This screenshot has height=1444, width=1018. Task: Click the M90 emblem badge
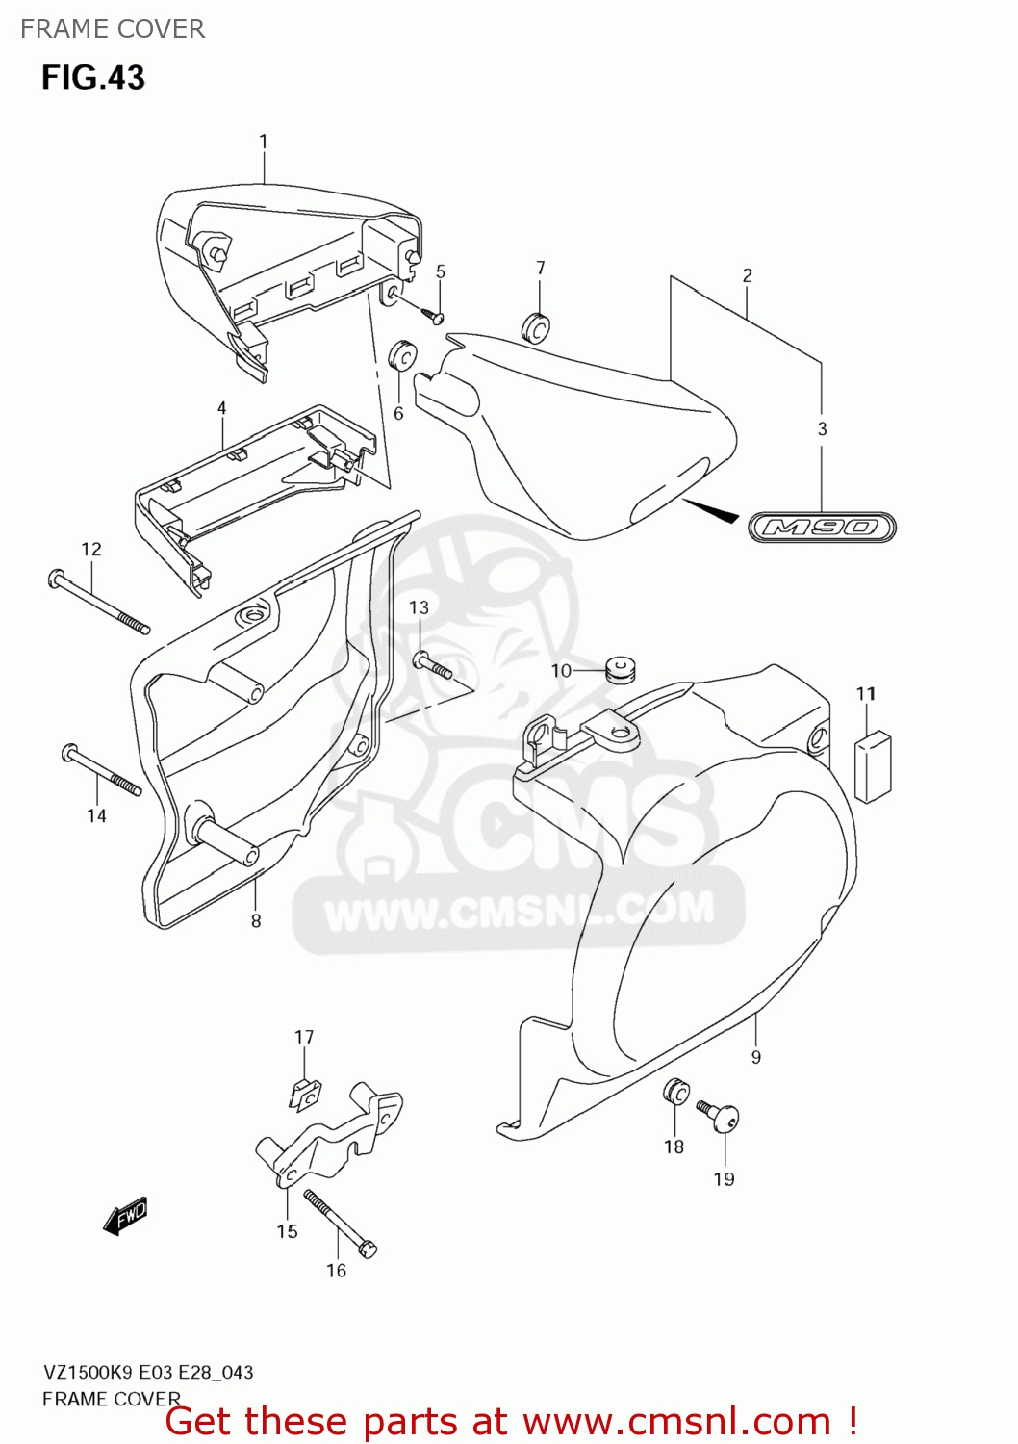pyautogui.click(x=823, y=528)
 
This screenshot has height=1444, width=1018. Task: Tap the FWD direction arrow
pyautogui.click(x=126, y=1216)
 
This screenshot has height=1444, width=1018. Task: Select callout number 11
pyautogui.click(x=866, y=693)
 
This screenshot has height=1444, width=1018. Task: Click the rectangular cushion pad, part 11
pyautogui.click(x=873, y=766)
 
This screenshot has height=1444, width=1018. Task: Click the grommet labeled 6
pyautogui.click(x=401, y=356)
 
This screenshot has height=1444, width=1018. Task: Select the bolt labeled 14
pyautogui.click(x=102, y=770)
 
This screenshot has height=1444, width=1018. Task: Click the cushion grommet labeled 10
pyautogui.click(x=621, y=667)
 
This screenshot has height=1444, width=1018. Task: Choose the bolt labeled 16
pyautogui.click(x=340, y=1223)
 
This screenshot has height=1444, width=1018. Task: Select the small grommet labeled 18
pyautogui.click(x=675, y=1092)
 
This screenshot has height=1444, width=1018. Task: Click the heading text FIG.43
pyautogui.click(x=92, y=77)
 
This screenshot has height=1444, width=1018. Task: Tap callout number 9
pyautogui.click(x=756, y=1057)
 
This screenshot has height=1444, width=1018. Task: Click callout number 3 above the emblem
pyautogui.click(x=822, y=428)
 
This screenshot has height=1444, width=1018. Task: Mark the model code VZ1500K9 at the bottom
pyautogui.click(x=89, y=1372)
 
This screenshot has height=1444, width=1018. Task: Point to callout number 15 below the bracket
pyautogui.click(x=287, y=1231)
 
